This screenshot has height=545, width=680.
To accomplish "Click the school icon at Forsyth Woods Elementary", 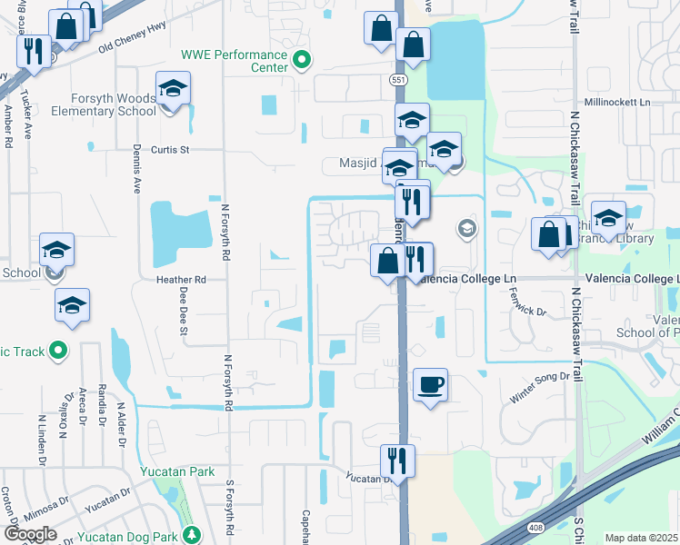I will (x=171, y=90).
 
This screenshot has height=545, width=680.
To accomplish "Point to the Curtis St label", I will (x=170, y=149).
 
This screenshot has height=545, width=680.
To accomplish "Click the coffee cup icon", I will (x=430, y=384).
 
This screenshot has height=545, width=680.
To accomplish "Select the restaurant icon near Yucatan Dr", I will (x=396, y=460).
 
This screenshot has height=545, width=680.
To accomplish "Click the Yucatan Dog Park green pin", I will (x=191, y=534).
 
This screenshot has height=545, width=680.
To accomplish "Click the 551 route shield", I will (x=399, y=80).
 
